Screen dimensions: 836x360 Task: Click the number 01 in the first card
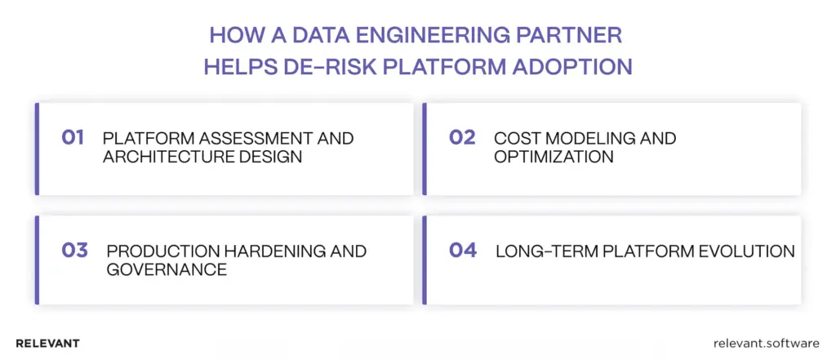(73, 138)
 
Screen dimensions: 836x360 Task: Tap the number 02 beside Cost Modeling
(462, 138)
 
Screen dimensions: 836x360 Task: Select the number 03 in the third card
(74, 250)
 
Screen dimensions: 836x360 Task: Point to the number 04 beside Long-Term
(463, 250)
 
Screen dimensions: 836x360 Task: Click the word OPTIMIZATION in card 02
(554, 157)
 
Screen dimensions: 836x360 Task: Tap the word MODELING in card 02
(590, 138)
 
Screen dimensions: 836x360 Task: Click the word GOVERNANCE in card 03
(167, 269)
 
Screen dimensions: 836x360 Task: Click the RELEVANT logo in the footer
(47, 344)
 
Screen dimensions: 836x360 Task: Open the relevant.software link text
(766, 344)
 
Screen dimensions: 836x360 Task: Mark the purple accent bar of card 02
(425, 149)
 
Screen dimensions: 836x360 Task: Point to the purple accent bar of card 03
(37, 260)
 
